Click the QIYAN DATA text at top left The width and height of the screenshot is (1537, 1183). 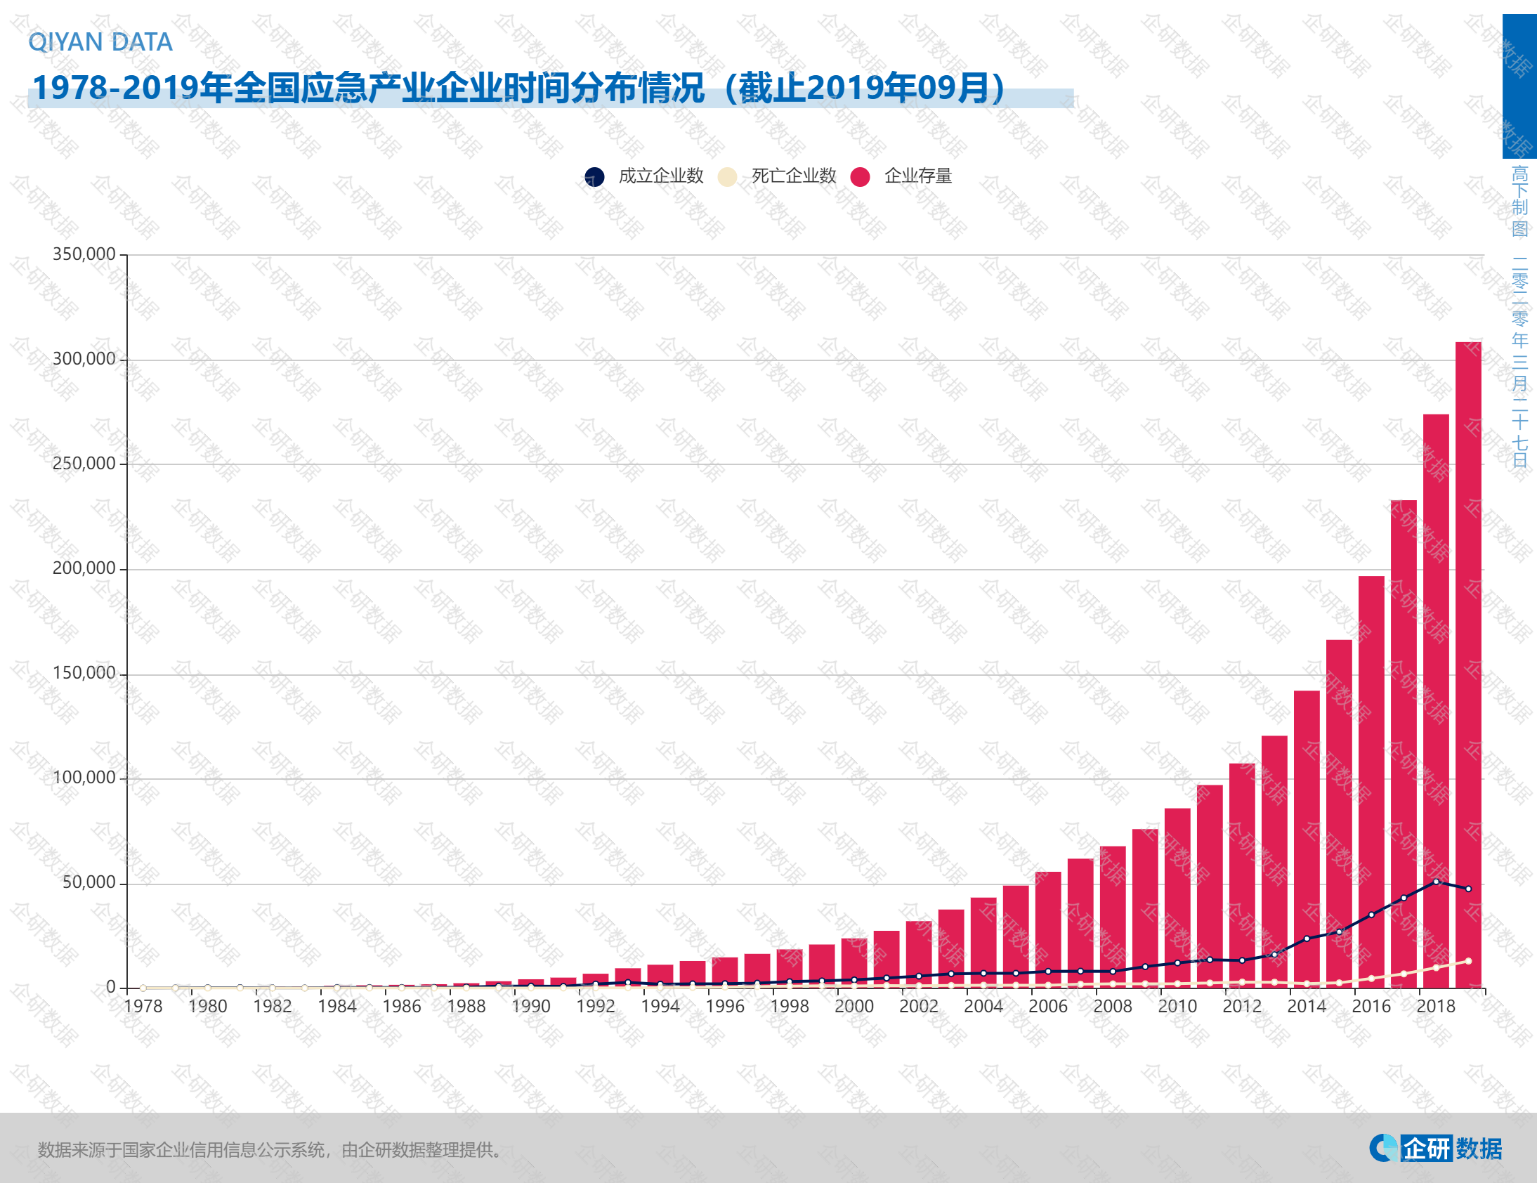point(100,42)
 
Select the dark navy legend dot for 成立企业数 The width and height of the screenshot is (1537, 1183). point(595,176)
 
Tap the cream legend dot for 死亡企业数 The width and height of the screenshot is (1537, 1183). point(727,176)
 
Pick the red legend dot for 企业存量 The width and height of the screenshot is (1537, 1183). point(860,176)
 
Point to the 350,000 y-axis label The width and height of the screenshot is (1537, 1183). point(84,254)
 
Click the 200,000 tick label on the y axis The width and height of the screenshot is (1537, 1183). point(84,568)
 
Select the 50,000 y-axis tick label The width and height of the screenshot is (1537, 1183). point(89,882)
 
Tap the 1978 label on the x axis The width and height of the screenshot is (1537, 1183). point(143,1007)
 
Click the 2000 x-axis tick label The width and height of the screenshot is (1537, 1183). point(853,1007)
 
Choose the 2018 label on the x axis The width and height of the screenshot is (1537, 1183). point(1436,1007)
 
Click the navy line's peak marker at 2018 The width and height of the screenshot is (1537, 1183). point(1436,881)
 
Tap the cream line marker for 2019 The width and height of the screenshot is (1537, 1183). point(1468,960)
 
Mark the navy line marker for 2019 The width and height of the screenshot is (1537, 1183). point(1468,889)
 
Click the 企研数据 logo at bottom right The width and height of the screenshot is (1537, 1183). point(1436,1149)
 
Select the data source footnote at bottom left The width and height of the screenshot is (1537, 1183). point(271,1150)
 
